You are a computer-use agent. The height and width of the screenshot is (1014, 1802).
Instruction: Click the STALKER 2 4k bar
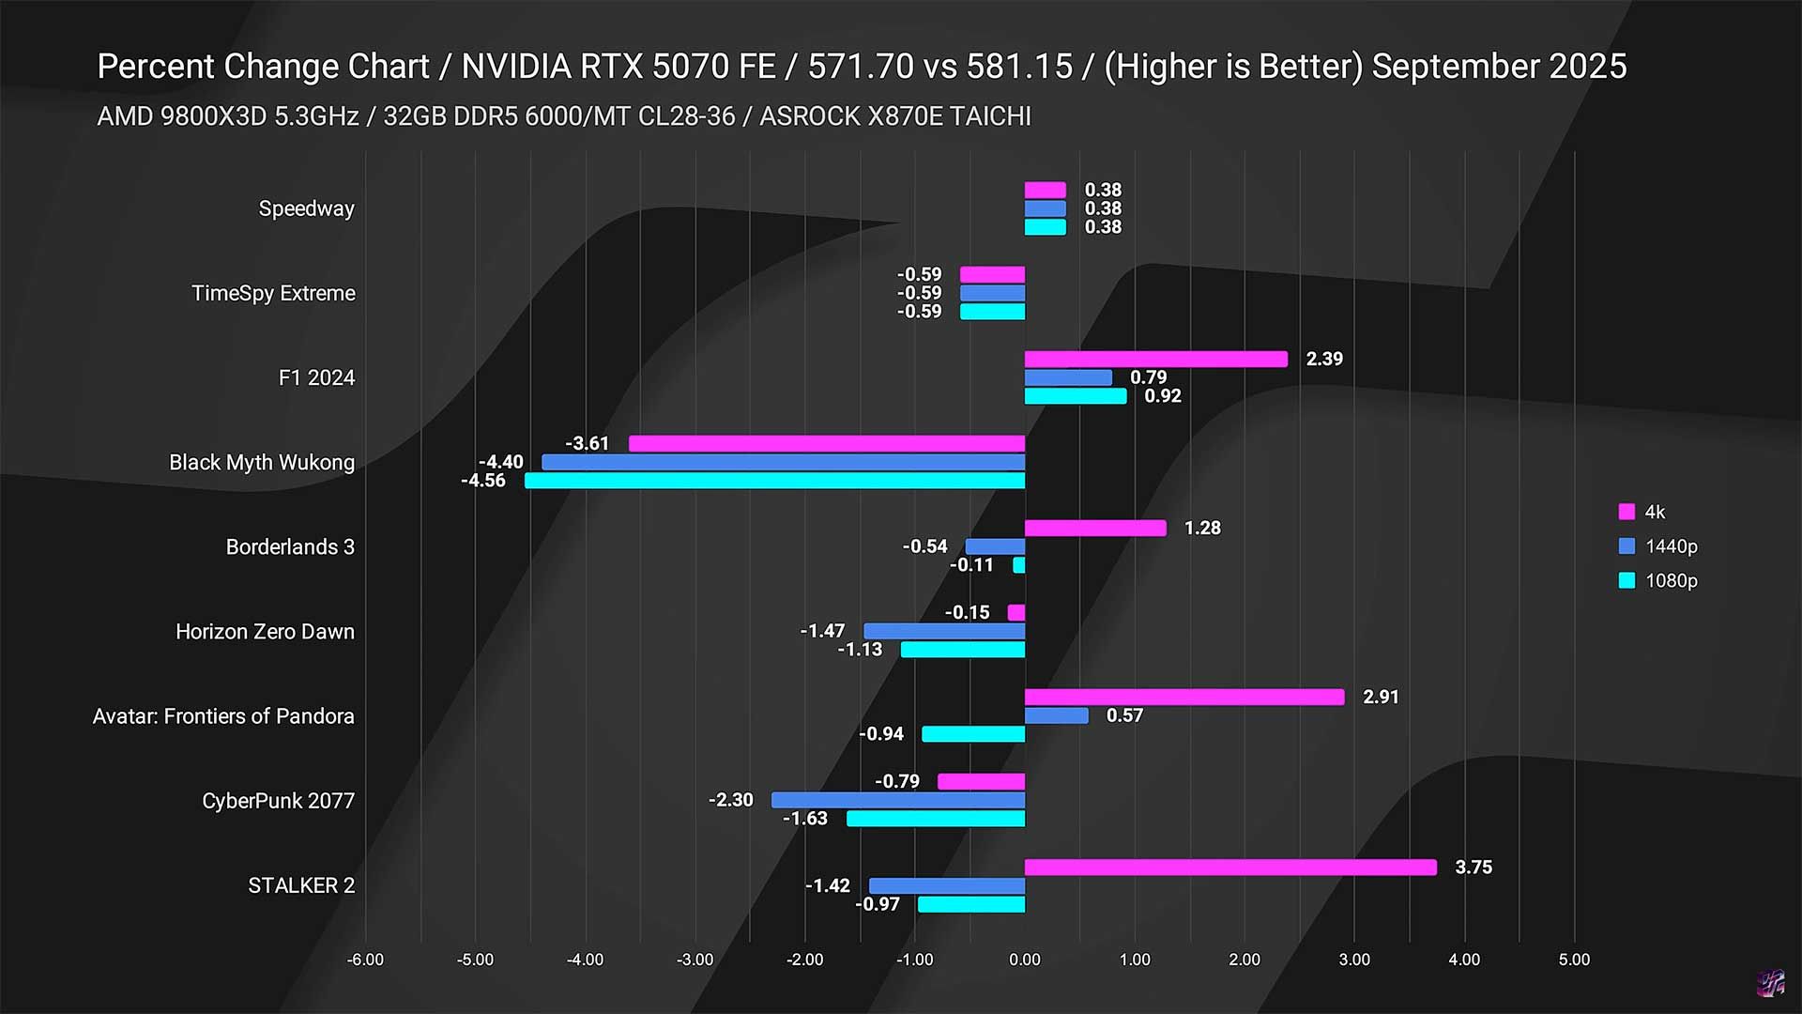click(1229, 867)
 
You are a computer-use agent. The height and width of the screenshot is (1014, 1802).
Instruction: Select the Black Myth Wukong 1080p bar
click(774, 481)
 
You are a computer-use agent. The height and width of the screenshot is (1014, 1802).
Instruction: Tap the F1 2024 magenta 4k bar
click(1155, 359)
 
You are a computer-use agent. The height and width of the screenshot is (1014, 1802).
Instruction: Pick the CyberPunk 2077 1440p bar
click(898, 800)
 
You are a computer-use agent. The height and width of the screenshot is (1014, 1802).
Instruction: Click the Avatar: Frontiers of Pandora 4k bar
click(1184, 697)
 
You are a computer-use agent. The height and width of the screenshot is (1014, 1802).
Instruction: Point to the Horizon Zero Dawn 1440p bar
click(944, 631)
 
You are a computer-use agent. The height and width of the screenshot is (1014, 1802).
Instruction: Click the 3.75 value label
click(1473, 867)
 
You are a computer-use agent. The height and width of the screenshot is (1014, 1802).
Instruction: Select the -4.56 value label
click(483, 481)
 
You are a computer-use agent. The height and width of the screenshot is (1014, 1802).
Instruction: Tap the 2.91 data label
click(1380, 697)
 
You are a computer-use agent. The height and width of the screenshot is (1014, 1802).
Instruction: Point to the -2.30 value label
click(730, 800)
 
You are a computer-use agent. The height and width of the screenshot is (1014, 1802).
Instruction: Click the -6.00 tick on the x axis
click(365, 960)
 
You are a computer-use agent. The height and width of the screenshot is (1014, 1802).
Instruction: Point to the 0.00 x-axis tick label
click(1024, 960)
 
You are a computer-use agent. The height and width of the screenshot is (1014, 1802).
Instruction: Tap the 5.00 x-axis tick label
click(1574, 960)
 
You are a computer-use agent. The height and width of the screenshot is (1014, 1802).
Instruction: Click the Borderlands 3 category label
click(290, 546)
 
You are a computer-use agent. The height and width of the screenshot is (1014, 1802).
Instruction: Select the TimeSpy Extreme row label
click(273, 293)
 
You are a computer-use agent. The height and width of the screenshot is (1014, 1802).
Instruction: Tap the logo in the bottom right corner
click(1770, 983)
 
